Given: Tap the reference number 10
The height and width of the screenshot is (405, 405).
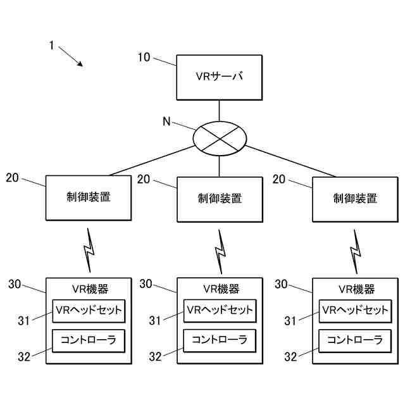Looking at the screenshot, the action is (x=144, y=58).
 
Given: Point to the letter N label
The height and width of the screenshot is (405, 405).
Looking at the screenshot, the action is (x=167, y=121).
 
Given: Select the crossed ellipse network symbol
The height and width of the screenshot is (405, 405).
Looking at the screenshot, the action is (x=220, y=139).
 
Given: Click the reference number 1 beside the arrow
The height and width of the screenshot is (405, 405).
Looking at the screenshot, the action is (x=52, y=46).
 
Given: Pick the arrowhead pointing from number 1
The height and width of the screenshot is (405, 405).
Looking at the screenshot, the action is (x=80, y=64).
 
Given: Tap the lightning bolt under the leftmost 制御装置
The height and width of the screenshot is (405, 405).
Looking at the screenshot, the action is (x=89, y=250).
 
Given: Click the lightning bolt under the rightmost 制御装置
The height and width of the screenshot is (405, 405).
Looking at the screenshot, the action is (x=356, y=252).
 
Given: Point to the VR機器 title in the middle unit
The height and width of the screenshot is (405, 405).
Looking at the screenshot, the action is (x=221, y=289).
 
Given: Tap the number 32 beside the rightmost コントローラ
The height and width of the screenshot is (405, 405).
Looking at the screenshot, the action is (x=290, y=357).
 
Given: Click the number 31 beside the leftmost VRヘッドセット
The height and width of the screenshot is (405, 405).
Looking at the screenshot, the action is (x=24, y=321).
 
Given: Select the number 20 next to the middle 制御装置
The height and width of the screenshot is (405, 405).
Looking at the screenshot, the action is (x=144, y=179).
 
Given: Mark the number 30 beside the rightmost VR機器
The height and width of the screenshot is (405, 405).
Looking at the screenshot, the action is (x=281, y=284).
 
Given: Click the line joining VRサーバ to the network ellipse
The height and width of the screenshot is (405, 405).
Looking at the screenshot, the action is (x=220, y=111).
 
